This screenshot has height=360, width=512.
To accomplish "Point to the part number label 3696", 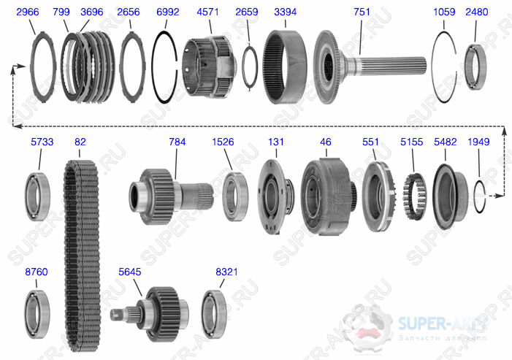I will click(x=92, y=12).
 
